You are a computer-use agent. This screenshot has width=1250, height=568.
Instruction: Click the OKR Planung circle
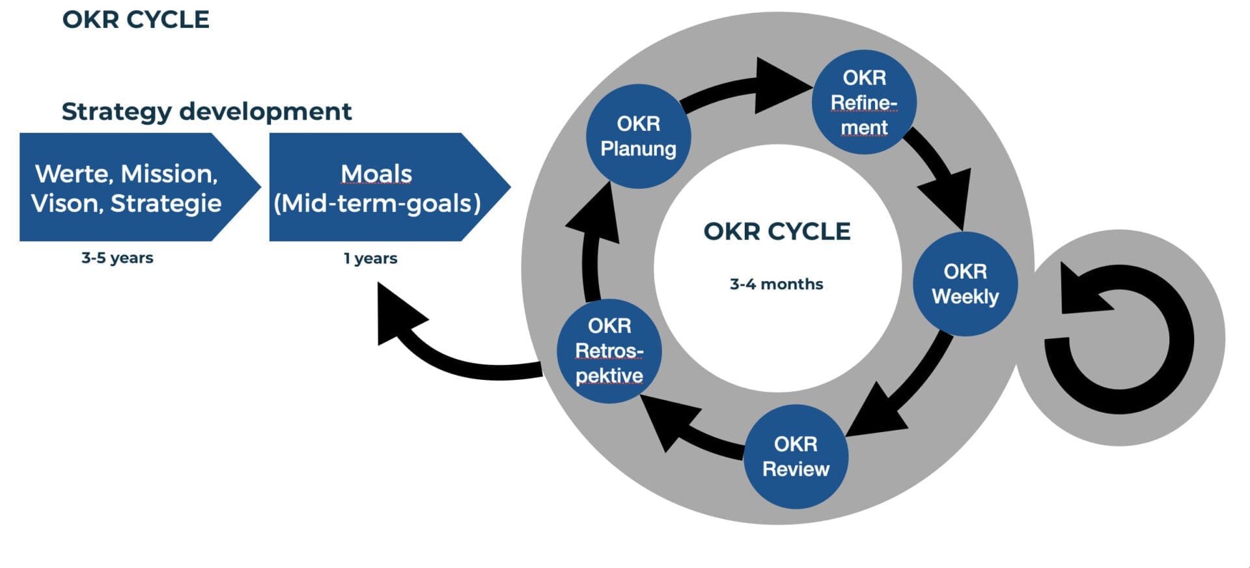638,136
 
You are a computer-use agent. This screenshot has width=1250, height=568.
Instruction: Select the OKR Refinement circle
864,102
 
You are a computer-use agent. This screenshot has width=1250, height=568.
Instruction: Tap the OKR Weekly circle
965,284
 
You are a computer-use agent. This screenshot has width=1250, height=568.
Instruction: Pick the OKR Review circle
796,456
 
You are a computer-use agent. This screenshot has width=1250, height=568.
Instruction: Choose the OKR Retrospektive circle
609,351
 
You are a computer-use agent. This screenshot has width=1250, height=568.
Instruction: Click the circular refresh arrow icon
1120,338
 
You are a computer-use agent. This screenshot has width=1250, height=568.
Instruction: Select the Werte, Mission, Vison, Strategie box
127,188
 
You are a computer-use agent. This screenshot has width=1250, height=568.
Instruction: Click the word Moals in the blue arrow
376,174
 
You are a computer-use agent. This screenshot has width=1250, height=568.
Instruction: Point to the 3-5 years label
117,258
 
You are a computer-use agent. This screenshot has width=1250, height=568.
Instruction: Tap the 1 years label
370,258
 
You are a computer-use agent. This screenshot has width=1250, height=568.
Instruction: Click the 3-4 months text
776,284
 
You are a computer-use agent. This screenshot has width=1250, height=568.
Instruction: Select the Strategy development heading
206,111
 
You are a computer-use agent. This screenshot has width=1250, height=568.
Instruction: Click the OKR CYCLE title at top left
135,20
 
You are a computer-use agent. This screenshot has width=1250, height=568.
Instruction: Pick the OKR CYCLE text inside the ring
777,232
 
